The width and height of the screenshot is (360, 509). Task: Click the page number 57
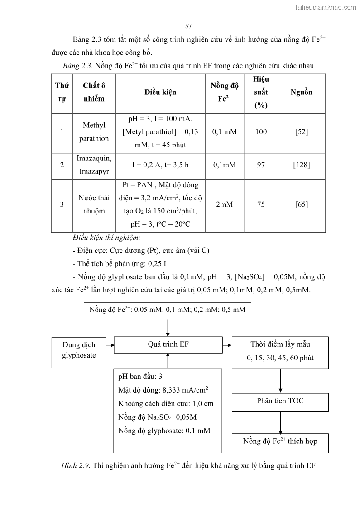(x=188, y=26)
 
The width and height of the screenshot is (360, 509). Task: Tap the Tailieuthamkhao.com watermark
(x=325, y=7)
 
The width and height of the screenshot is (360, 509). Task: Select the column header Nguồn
(x=301, y=92)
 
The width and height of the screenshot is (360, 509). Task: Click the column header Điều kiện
(x=160, y=92)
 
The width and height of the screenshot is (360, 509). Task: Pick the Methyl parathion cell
(x=94, y=131)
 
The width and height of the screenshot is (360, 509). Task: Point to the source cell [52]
(x=301, y=131)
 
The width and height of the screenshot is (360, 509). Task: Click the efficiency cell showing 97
(x=261, y=165)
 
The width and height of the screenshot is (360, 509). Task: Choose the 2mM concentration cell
(x=224, y=204)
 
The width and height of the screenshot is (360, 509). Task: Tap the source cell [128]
(x=301, y=165)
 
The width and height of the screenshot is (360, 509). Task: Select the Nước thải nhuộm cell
(x=94, y=204)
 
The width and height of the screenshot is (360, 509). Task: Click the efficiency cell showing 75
(x=261, y=204)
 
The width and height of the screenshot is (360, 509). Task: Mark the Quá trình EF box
(x=168, y=344)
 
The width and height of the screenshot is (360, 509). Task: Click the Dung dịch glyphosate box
(x=79, y=350)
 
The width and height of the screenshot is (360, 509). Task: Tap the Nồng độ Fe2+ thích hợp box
(x=280, y=442)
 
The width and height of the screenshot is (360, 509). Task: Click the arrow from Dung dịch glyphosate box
(x=110, y=344)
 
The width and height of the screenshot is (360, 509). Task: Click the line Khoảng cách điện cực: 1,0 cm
(x=166, y=403)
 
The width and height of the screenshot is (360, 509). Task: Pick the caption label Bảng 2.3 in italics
(x=77, y=66)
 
